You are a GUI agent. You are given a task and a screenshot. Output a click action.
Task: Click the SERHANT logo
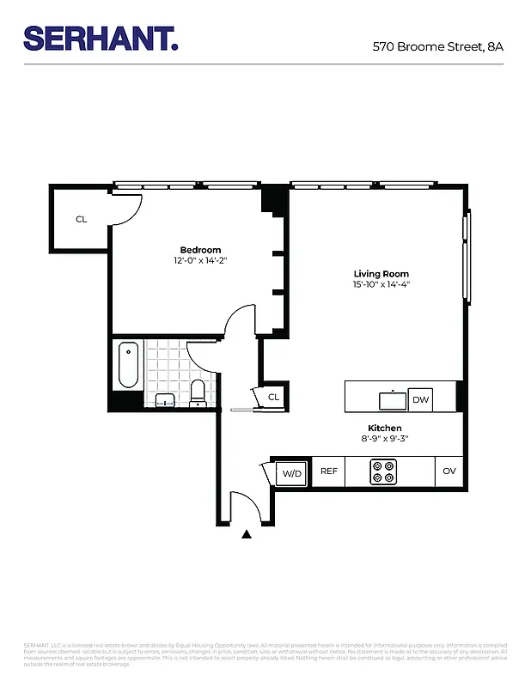(x=101, y=38)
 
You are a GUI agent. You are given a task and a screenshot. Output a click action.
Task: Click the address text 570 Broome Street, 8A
(x=437, y=46)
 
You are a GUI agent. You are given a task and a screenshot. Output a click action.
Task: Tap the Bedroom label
(x=200, y=250)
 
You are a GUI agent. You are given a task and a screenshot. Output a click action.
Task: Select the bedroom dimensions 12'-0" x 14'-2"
(x=200, y=260)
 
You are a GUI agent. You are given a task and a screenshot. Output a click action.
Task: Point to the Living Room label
(x=381, y=274)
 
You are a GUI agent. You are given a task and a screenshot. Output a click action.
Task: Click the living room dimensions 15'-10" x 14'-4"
(x=381, y=284)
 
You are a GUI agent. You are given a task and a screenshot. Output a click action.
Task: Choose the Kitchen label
(x=384, y=428)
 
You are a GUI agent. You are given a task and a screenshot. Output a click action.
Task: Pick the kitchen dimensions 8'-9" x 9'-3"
(x=384, y=438)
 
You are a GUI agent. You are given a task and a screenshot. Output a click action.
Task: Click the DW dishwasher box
(x=420, y=399)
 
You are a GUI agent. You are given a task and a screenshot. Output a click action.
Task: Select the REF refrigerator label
(x=328, y=471)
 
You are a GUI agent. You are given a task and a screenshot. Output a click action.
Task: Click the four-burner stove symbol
(x=383, y=471)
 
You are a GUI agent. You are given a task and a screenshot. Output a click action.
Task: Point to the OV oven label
(x=449, y=471)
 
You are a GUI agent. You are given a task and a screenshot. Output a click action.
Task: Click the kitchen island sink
(x=393, y=398)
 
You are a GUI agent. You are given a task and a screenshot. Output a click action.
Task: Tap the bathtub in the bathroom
(x=127, y=365)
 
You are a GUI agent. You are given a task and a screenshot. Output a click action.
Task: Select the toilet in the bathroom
(x=198, y=392)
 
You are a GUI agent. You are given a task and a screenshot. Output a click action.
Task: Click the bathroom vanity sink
(x=165, y=399)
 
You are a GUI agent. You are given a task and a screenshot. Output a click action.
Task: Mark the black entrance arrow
(x=247, y=534)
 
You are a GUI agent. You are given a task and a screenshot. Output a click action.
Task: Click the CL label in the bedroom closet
(x=81, y=220)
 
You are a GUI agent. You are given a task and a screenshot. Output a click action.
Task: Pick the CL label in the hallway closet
(x=273, y=397)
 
